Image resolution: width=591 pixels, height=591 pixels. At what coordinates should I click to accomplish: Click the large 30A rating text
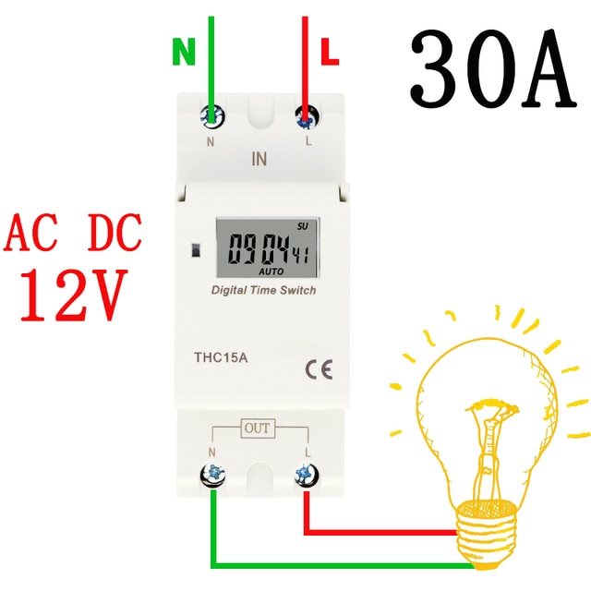pyautogui.click(x=493, y=68)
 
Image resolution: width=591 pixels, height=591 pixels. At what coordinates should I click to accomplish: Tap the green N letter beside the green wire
pyautogui.click(x=184, y=52)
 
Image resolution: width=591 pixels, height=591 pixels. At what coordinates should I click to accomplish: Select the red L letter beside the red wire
pyautogui.click(x=330, y=52)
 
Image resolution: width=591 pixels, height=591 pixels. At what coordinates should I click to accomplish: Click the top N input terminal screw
pyautogui.click(x=212, y=115)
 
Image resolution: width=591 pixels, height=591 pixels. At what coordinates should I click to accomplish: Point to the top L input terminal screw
pyautogui.click(x=307, y=116)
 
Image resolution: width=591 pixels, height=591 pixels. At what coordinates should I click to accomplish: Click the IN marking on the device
pyautogui.click(x=259, y=159)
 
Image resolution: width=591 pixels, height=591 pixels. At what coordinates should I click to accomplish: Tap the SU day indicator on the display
pyautogui.click(x=302, y=226)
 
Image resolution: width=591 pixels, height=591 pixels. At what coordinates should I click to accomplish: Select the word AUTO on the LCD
pyautogui.click(x=271, y=271)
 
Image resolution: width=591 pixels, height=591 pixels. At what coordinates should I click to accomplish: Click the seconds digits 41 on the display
pyautogui.click(x=301, y=255)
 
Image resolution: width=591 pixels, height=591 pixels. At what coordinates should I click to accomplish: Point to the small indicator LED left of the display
pyautogui.click(x=196, y=250)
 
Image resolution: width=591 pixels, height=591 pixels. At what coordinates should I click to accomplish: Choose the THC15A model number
pyautogui.click(x=221, y=357)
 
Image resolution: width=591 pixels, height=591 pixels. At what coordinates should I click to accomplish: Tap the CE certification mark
pyautogui.click(x=319, y=369)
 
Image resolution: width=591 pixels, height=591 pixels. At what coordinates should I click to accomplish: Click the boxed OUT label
pyautogui.click(x=258, y=428)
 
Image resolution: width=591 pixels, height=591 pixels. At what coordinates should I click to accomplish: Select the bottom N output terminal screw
pyautogui.click(x=212, y=474)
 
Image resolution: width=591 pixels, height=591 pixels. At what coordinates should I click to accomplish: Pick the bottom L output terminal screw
pyautogui.click(x=307, y=474)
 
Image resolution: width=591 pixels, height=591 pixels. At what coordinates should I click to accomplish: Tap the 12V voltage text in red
pyautogui.click(x=72, y=295)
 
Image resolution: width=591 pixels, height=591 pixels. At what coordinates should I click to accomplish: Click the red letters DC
pyautogui.click(x=115, y=232)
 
